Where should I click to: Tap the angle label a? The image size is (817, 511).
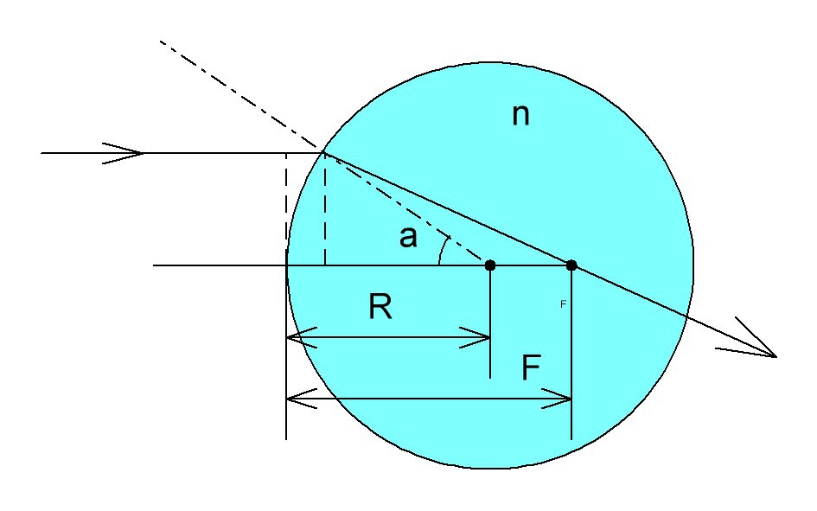[408, 237]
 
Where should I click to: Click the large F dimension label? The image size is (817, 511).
[531, 369]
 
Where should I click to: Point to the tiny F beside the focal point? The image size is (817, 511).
[563, 304]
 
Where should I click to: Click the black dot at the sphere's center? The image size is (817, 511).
[490, 265]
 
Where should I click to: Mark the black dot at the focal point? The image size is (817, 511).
[571, 265]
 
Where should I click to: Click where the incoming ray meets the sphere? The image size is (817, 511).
[323, 153]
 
